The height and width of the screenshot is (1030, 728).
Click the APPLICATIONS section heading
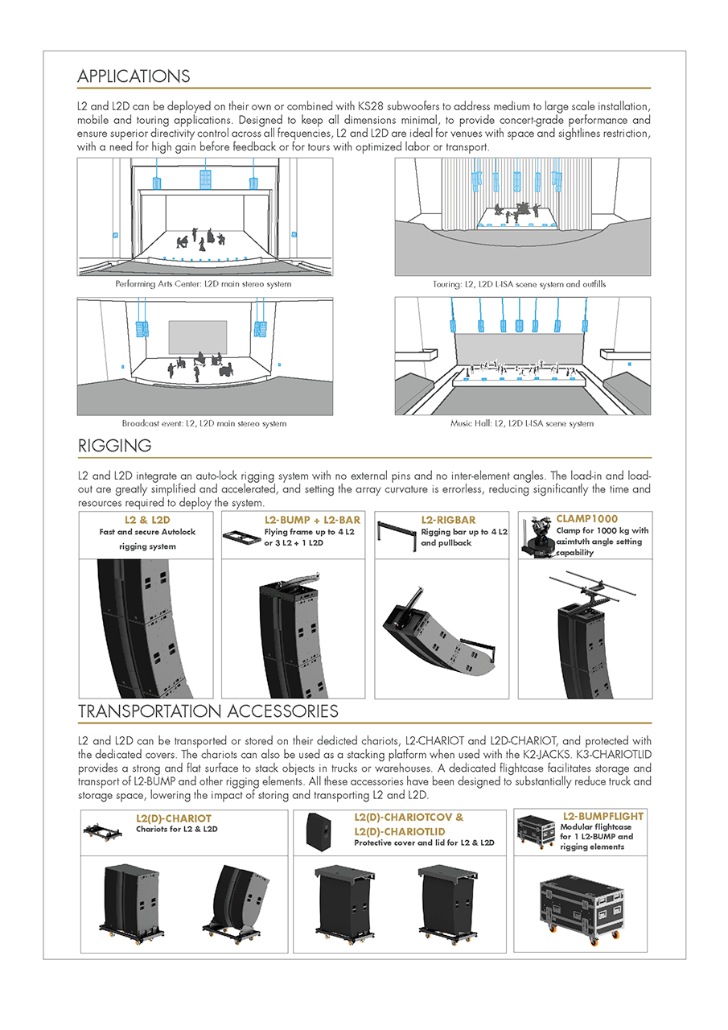134,76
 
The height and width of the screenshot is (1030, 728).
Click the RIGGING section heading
114,445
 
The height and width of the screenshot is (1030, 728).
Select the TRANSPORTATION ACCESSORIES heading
208,711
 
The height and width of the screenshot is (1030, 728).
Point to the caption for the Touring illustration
520,284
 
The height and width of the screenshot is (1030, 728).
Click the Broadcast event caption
204,423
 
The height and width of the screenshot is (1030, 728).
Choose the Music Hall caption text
521,423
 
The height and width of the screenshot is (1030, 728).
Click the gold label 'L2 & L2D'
147,521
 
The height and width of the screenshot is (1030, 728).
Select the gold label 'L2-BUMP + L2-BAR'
312,521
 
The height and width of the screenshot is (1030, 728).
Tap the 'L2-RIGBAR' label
448,521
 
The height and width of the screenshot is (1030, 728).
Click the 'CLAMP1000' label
587,519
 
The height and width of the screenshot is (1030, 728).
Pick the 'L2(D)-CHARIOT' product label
174,818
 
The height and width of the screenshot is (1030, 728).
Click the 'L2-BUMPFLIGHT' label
603,816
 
